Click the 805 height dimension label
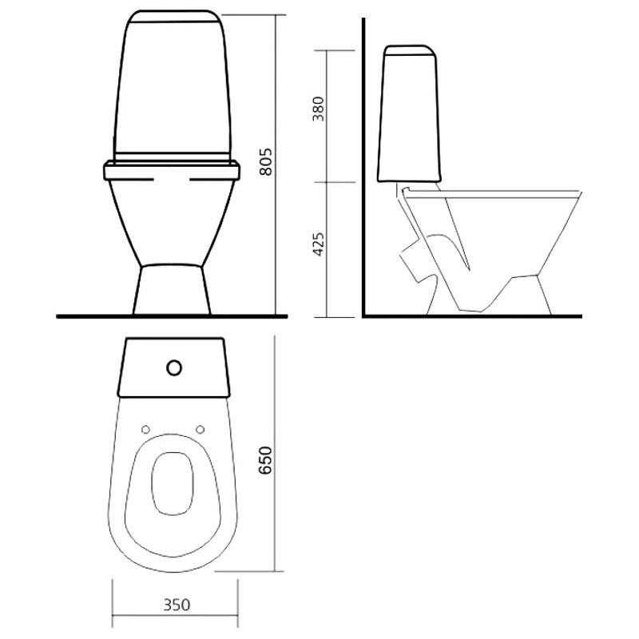point(266,162)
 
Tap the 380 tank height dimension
point(318,109)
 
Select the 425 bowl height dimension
point(318,244)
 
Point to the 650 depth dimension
point(265,461)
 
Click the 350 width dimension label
point(177,605)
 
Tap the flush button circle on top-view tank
point(174,368)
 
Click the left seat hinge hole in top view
point(145,429)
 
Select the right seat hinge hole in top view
point(200,429)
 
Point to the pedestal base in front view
point(172,290)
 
